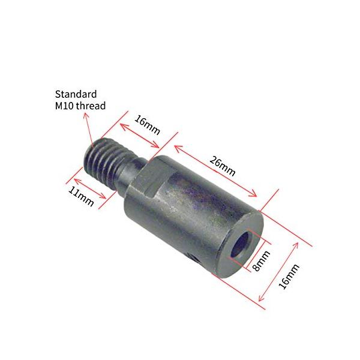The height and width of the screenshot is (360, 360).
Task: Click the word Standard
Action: point(76,94)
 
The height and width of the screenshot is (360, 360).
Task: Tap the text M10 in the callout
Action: point(64,106)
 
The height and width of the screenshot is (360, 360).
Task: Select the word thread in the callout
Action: point(91,106)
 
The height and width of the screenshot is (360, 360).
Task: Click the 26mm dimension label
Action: point(222,166)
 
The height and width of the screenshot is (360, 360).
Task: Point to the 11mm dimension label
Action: point(81,196)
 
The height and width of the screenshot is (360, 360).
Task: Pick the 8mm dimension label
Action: point(261,260)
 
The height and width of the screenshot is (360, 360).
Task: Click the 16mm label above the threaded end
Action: point(147,125)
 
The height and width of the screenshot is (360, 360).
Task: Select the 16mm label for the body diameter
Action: point(289,276)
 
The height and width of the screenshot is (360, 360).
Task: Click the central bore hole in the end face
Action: point(241,245)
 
